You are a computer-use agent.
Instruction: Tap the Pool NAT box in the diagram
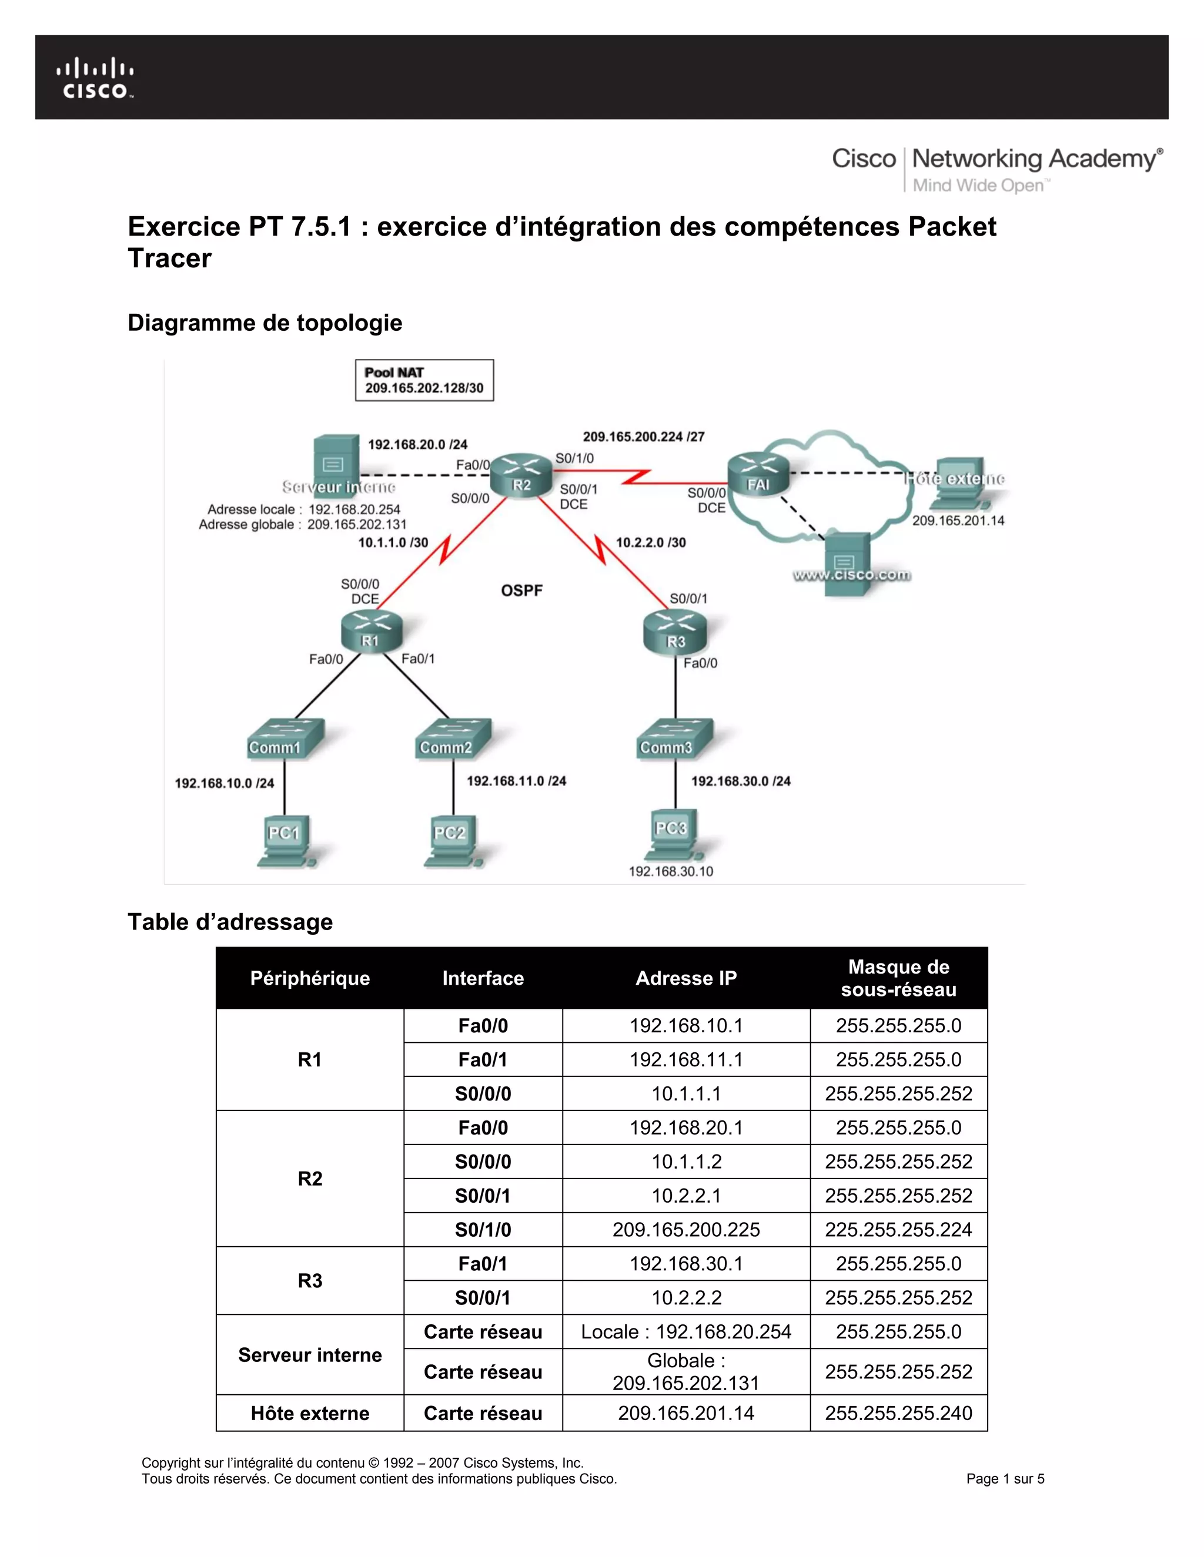point(424,381)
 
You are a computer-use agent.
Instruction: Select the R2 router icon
point(522,474)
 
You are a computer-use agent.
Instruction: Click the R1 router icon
point(371,630)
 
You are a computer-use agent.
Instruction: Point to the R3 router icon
point(675,632)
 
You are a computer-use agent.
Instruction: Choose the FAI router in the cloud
point(758,475)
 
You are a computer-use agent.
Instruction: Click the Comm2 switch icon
point(451,739)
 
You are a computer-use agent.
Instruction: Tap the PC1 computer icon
point(285,841)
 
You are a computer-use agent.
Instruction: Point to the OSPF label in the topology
point(521,590)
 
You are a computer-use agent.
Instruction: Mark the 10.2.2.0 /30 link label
point(651,542)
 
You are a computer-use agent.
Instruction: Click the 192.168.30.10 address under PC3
point(670,871)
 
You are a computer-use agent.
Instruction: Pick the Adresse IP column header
point(685,978)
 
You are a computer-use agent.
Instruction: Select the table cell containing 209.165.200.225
point(685,1230)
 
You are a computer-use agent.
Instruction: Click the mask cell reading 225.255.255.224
point(898,1230)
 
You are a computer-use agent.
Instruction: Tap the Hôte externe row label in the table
point(310,1413)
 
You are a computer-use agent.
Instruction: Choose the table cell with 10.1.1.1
point(685,1093)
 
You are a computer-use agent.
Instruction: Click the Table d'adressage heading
point(230,922)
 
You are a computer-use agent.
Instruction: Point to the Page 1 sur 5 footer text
point(1004,1479)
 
